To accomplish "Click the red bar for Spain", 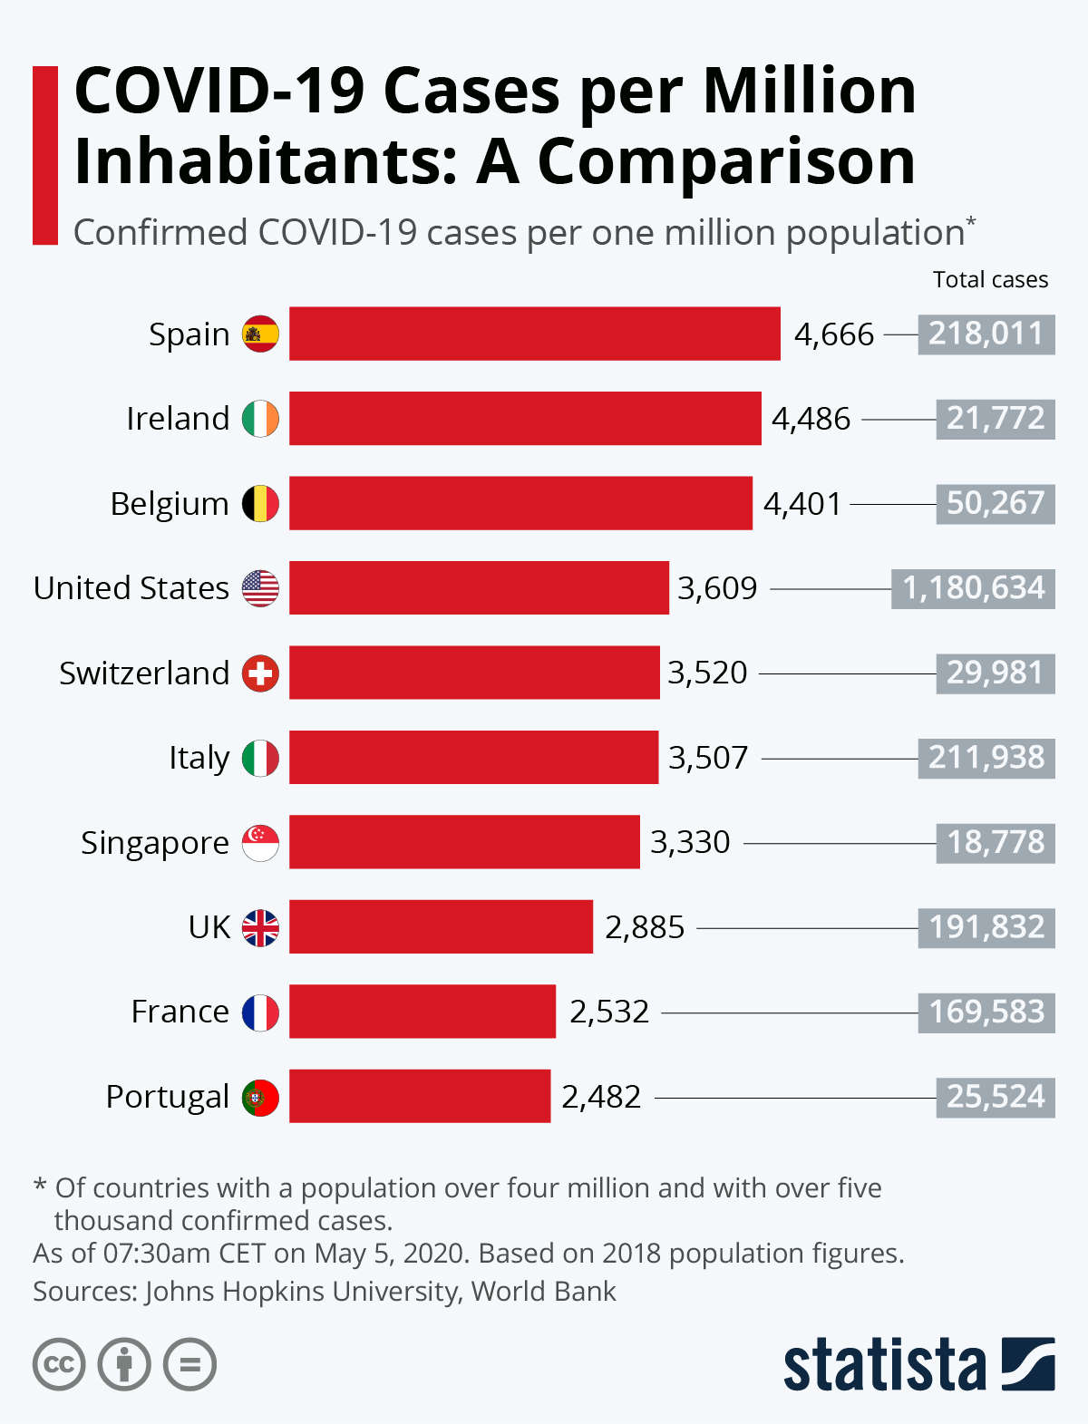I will [534, 334].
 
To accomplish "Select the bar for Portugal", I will [420, 1096].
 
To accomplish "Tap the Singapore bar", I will [464, 842].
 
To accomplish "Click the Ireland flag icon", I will [260, 419].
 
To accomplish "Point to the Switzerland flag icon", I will [260, 673].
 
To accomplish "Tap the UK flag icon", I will [260, 927].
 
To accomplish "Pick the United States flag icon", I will [260, 588].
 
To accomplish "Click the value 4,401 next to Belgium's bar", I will [802, 504].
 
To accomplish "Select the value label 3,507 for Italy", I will [708, 758].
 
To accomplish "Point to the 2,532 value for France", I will [609, 1012].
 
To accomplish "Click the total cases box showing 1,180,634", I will [973, 588].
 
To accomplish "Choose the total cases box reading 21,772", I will [996, 419].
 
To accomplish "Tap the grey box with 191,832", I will [986, 927].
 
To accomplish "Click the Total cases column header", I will [990, 280].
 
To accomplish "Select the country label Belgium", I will [170, 504].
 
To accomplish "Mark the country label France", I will [180, 1012].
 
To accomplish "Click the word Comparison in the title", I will [726, 162].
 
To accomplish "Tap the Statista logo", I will [918, 1364].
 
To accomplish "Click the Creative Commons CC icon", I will [59, 1364].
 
